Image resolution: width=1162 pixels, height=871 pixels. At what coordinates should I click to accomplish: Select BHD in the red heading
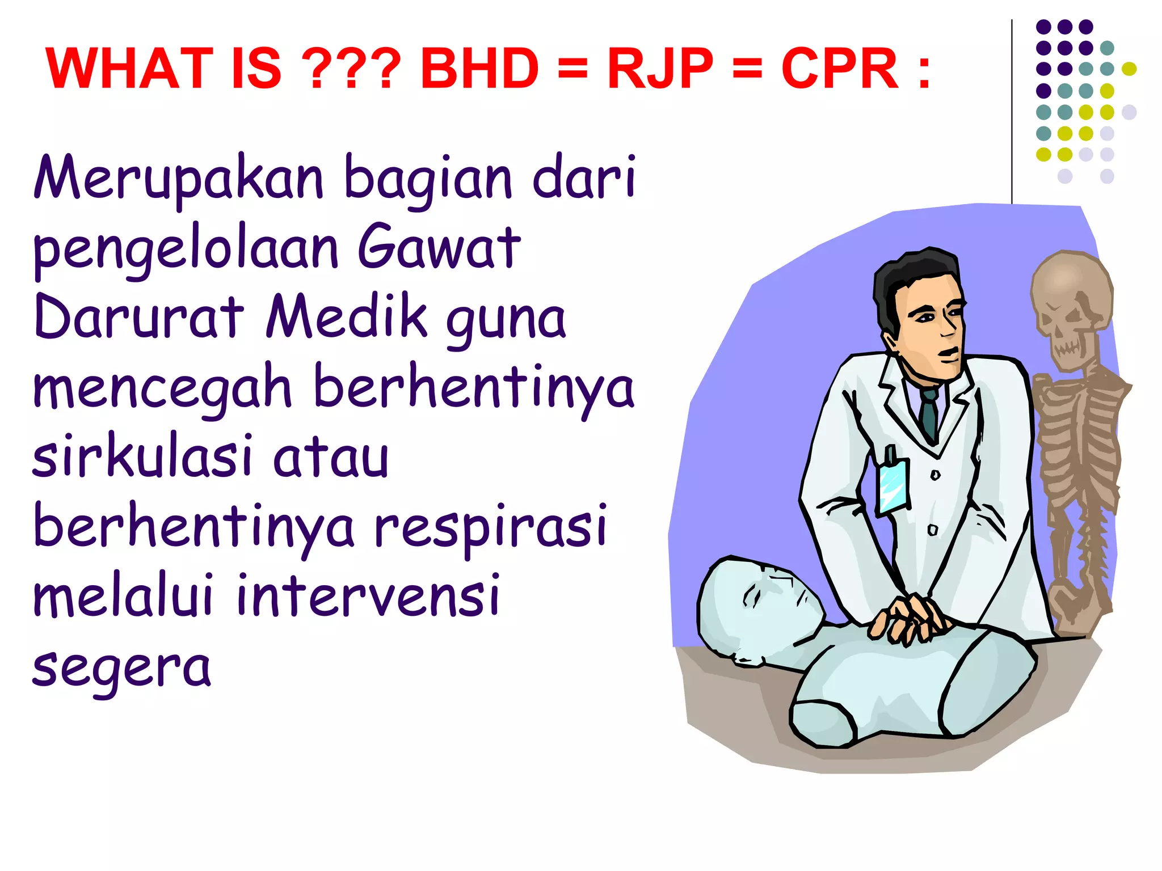click(x=479, y=69)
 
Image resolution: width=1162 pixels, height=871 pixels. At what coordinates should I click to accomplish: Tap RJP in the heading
click(x=660, y=69)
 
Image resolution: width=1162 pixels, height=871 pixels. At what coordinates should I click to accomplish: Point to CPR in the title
click(x=840, y=69)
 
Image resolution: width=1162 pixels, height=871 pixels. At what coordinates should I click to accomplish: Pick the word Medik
click(x=347, y=318)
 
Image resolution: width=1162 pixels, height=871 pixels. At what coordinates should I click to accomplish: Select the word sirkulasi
click(x=142, y=456)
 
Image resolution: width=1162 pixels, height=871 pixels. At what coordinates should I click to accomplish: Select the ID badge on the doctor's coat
click(x=892, y=485)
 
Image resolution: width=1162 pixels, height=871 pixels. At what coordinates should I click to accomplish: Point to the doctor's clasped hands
click(x=908, y=618)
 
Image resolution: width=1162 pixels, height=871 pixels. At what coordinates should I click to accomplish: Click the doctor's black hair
click(x=908, y=278)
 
